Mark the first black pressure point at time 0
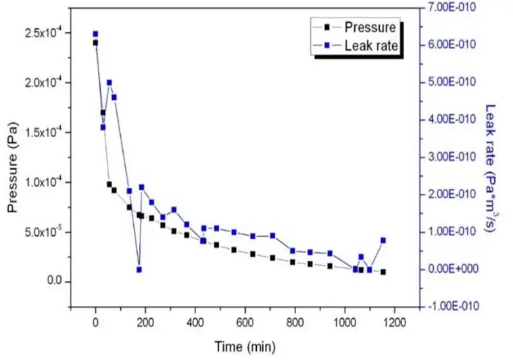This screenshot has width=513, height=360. coord(95,43)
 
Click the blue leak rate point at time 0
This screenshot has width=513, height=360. coord(95,34)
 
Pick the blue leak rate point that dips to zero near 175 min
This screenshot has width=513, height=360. coord(139,269)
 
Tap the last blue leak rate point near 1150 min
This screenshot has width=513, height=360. coord(383,240)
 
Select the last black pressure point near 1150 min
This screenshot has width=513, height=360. coord(383,272)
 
